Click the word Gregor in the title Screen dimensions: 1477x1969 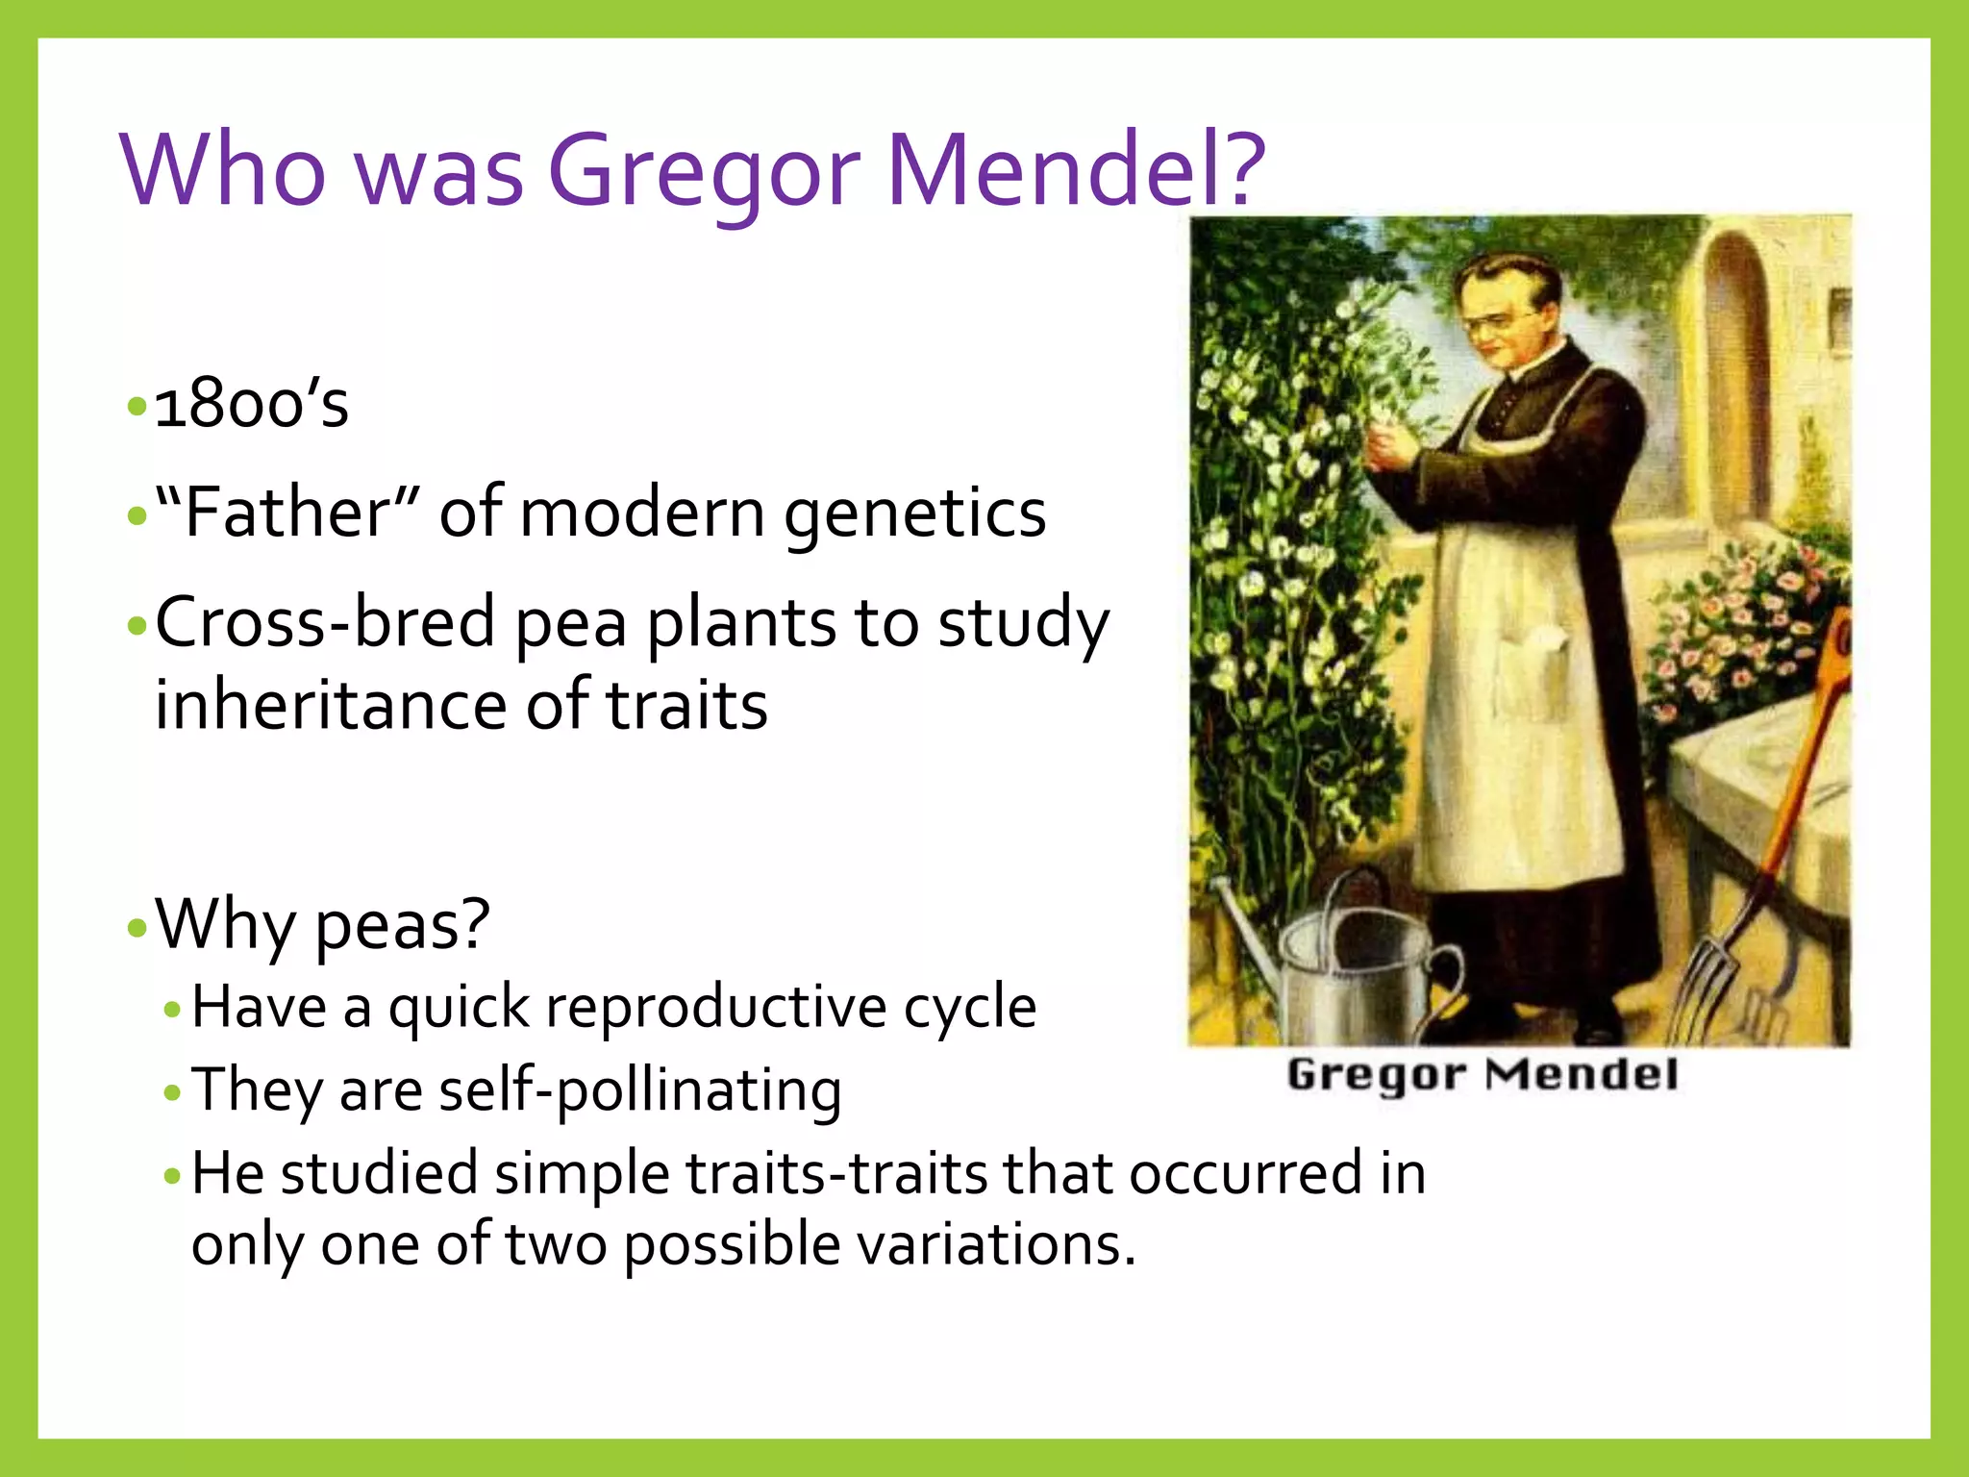(703, 171)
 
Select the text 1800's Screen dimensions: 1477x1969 (252, 404)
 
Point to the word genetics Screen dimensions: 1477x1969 (914, 514)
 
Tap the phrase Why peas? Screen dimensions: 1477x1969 (323, 923)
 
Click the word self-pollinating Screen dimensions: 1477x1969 (640, 1091)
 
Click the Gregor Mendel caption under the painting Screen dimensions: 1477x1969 (1482, 1074)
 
